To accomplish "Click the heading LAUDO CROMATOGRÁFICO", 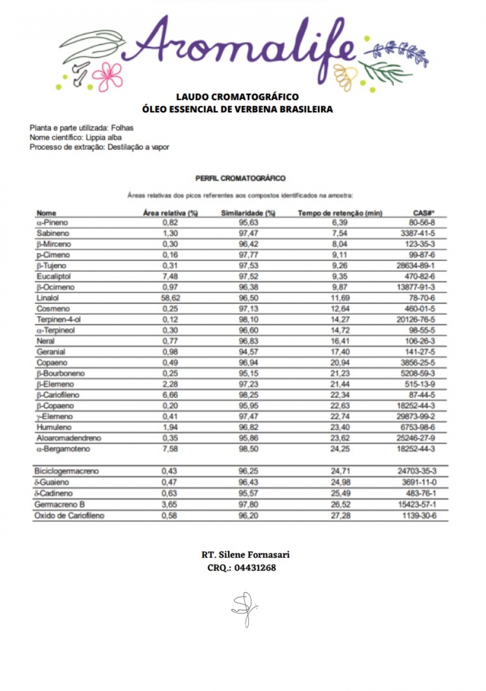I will click(x=237, y=97).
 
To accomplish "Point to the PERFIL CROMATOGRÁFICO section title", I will click(x=240, y=178).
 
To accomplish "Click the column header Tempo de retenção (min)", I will click(x=340, y=213).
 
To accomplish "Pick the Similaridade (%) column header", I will click(x=248, y=213).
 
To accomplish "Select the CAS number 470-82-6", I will click(x=421, y=276).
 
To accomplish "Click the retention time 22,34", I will click(x=340, y=395).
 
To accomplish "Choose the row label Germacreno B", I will click(x=60, y=505).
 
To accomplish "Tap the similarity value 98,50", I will click(x=248, y=449).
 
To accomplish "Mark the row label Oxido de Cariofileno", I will click(x=70, y=516).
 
